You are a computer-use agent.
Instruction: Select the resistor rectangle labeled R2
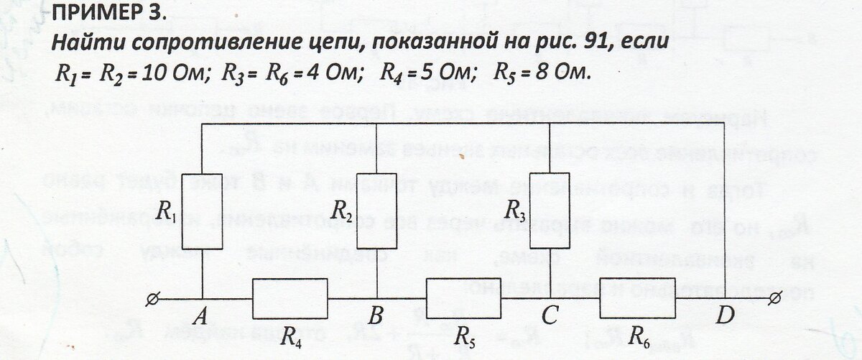(x=377, y=211)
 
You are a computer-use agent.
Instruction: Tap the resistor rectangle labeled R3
(x=550, y=210)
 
